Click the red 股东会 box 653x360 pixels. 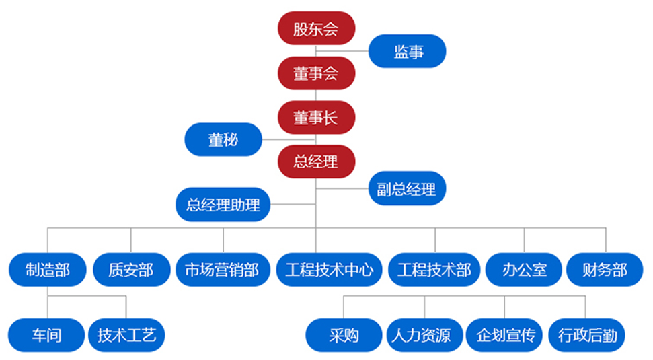pos(316,29)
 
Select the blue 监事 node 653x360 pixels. pos(408,52)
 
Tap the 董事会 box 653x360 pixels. pos(316,73)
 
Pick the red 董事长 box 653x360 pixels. pos(316,118)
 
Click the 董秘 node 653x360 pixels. pos(223,140)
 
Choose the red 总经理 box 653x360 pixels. pos(316,161)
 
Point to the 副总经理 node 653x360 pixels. pos(407,189)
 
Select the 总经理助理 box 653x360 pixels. pos(223,205)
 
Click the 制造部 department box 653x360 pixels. pos(47,271)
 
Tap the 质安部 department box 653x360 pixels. pos(131,271)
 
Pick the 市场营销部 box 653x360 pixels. pos(222,271)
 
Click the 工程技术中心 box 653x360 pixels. pos(330,271)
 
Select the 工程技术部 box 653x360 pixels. pos(434,271)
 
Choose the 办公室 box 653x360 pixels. pos(525,271)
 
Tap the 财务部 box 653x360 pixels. pos(606,271)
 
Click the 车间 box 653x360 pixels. pos(46,335)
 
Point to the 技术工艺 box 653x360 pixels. pos(126,335)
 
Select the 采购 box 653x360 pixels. pos(344,335)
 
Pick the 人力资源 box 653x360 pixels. pos(426,335)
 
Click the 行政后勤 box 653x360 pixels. pos(586,335)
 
